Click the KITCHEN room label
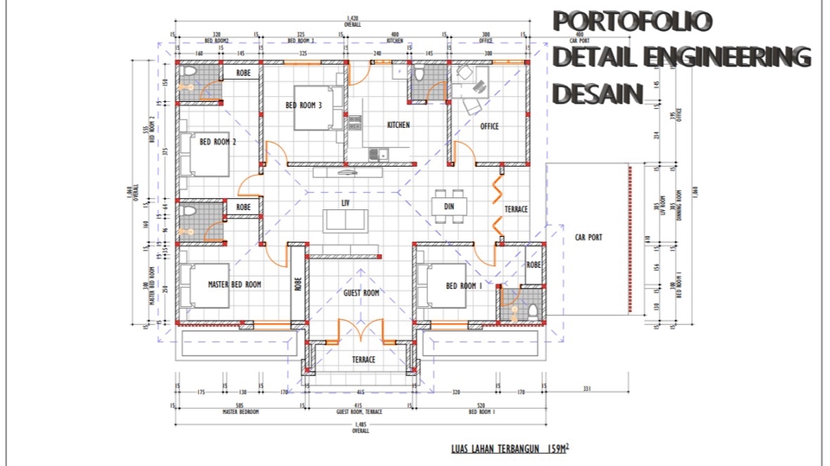(398, 125)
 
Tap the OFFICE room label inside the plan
(489, 126)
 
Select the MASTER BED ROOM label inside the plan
(234, 284)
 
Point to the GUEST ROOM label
(361, 293)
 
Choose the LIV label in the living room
(345, 202)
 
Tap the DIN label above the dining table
(449, 207)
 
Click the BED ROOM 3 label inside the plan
(303, 105)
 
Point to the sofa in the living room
(345, 220)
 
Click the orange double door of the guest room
(359, 331)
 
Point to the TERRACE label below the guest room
(363, 359)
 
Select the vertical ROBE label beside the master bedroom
(297, 284)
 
